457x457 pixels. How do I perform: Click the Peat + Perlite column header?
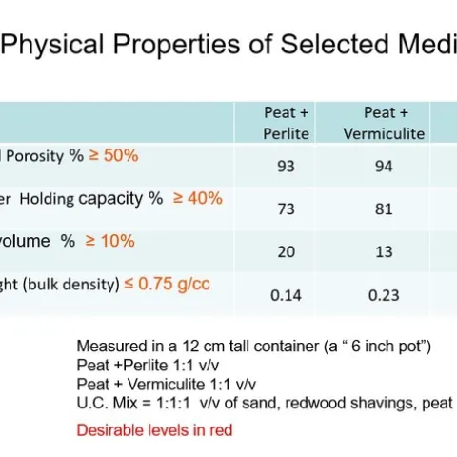[287, 124]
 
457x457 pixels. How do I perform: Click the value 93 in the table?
[286, 167]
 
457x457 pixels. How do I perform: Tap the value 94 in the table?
[383, 167]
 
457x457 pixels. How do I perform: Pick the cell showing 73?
[286, 209]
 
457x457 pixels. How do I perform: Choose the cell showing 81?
[383, 209]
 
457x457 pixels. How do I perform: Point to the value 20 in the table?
[286, 251]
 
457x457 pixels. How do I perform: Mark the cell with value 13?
[383, 251]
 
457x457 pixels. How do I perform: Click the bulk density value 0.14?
[286, 295]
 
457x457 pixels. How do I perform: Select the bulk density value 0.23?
[383, 295]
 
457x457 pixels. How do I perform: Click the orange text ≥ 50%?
[114, 154]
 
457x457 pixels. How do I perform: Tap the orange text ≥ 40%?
[197, 198]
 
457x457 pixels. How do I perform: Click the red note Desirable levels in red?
[154, 429]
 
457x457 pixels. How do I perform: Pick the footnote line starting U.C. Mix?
[264, 404]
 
